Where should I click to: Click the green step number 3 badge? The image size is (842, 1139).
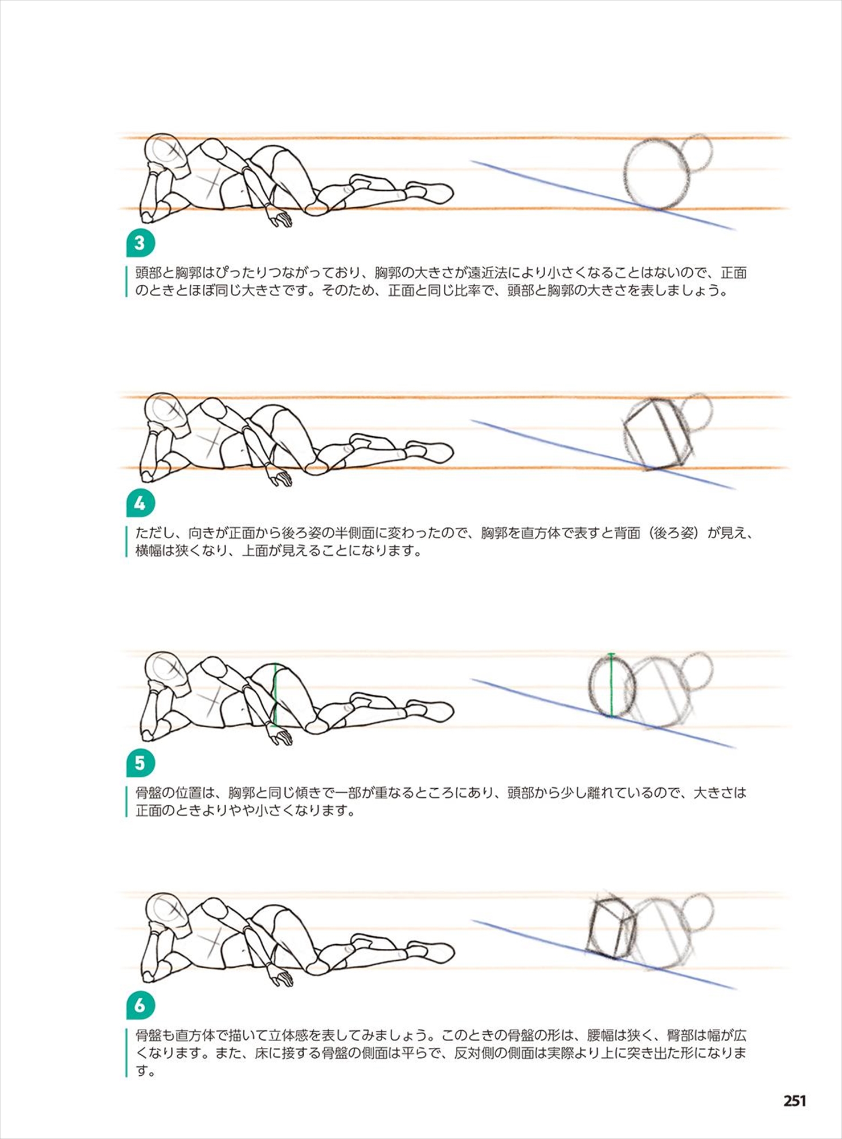(140, 243)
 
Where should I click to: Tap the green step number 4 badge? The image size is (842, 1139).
(140, 503)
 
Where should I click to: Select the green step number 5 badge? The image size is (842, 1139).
(140, 763)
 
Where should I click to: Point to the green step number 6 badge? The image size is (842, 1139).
(140, 1006)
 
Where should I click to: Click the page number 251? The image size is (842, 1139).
(795, 1101)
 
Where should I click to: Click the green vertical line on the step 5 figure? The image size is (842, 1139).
(275, 695)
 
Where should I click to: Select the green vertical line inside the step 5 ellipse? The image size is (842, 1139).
(611, 685)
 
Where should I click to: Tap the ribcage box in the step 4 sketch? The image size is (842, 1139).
(659, 434)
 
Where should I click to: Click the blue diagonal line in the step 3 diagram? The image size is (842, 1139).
(603, 195)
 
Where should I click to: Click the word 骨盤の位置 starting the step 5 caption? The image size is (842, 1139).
(169, 792)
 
